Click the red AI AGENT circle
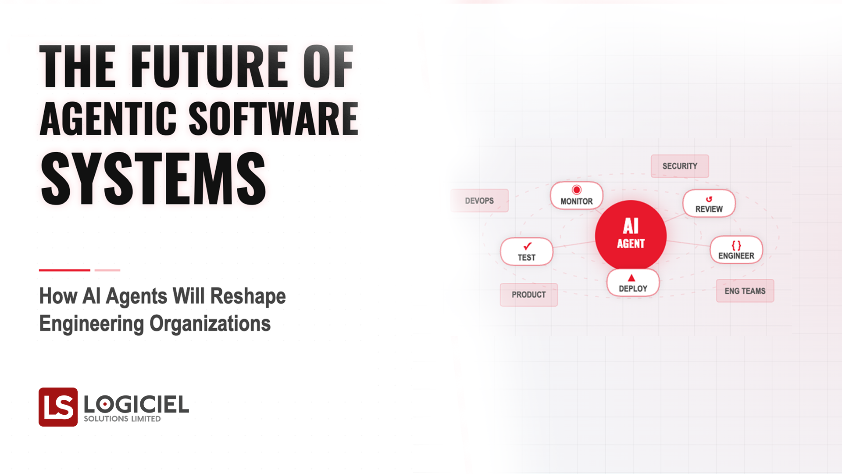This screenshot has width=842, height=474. tap(631, 235)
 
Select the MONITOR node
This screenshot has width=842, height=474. tap(576, 196)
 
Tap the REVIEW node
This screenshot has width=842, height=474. tap(709, 204)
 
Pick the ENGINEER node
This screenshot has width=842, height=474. tap(736, 250)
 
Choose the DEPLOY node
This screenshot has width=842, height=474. tap(633, 283)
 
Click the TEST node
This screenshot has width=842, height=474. tap(526, 252)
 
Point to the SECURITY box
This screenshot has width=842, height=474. tap(679, 166)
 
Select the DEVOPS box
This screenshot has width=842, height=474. tap(479, 201)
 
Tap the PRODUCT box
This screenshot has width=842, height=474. tap(528, 294)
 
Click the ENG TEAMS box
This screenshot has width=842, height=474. tap(745, 291)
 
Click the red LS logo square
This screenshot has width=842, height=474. tap(58, 407)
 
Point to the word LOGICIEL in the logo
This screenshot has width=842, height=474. tap(136, 404)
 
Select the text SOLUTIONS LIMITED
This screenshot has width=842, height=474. tap(122, 419)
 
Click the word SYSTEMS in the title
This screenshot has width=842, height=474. tap(153, 179)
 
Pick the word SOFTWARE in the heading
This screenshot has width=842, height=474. tap(274, 118)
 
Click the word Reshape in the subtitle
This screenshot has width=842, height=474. tap(248, 296)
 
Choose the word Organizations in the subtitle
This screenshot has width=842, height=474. tap(210, 324)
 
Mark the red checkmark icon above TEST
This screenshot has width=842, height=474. tap(527, 246)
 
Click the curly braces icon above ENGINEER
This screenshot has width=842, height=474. tap(736, 245)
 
